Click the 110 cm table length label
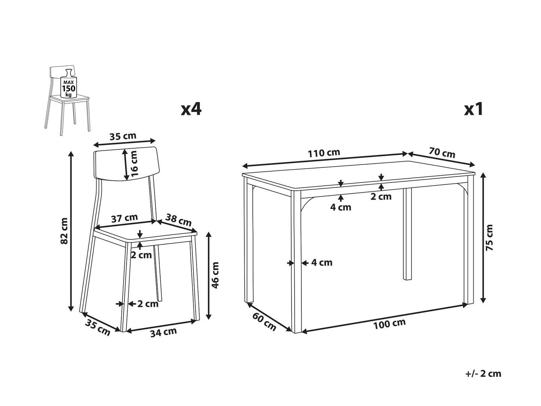click(x=324, y=153)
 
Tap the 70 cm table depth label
click(x=442, y=152)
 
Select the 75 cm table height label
click(x=489, y=238)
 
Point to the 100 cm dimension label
click(x=389, y=324)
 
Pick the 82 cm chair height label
click(x=64, y=231)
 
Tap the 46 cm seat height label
click(x=215, y=275)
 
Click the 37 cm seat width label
click(x=124, y=218)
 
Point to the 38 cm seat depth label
click(x=179, y=220)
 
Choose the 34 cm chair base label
click(x=163, y=332)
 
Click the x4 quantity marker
click(x=191, y=109)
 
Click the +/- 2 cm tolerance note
click(x=483, y=374)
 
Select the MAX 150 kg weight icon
click(x=68, y=84)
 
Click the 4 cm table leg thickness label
click(x=322, y=263)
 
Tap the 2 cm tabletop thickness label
click(x=381, y=197)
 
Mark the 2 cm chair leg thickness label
click(x=148, y=304)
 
